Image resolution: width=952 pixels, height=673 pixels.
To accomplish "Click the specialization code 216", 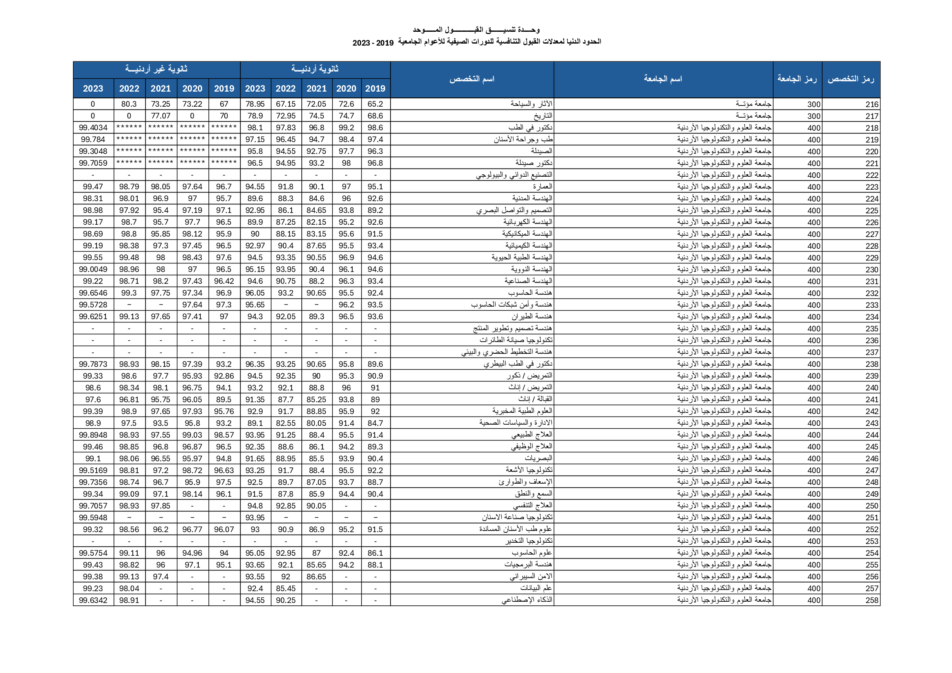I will [x=871, y=105].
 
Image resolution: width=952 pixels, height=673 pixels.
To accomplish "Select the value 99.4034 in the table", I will [x=93, y=128].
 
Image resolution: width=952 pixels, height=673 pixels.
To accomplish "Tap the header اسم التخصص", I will [x=472, y=79].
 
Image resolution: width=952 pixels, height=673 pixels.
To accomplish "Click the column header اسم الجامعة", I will [x=662, y=79].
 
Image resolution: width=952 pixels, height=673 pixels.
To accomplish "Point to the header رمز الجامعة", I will [x=797, y=79].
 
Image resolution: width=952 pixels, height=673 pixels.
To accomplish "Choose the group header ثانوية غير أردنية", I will [x=156, y=69].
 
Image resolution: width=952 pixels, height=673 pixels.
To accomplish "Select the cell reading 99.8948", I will [x=93, y=435].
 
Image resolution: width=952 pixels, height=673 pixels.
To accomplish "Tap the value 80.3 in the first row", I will [x=129, y=104].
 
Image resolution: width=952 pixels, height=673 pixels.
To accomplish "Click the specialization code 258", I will [x=871, y=601].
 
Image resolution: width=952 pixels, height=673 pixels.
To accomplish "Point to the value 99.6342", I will [x=93, y=601].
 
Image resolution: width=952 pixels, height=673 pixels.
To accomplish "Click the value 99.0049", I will [x=93, y=270].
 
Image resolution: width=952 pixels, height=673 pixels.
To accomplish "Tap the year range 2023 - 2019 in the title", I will [x=373, y=43].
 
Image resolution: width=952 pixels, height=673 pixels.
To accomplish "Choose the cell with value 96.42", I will [x=224, y=281].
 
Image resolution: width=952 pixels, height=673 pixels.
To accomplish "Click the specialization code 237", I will [x=871, y=353].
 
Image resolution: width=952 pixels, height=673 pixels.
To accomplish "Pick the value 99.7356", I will [x=93, y=482].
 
